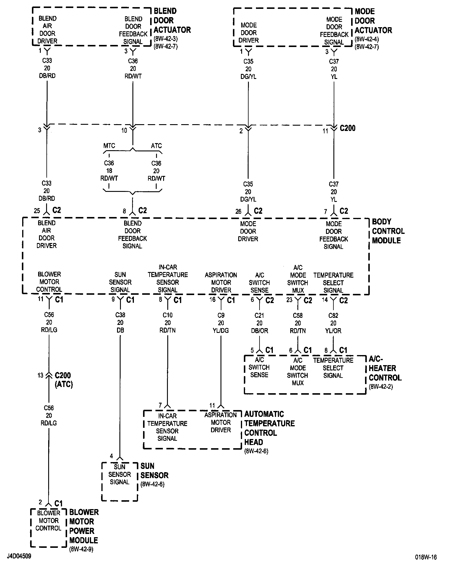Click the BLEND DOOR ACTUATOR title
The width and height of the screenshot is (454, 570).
(172, 21)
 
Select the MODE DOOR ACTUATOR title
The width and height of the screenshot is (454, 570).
(373, 21)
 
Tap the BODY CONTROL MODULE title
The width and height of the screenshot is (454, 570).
(388, 231)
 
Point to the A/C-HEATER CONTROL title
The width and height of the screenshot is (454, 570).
(385, 368)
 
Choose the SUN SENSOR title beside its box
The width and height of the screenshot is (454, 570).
(154, 471)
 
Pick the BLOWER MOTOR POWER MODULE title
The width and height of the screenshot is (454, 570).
(84, 526)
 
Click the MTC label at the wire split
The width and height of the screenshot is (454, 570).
(109, 146)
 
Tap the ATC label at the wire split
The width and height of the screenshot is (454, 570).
(156, 146)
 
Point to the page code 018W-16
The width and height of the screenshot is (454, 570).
(425, 557)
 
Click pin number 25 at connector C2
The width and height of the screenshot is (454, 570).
(37, 211)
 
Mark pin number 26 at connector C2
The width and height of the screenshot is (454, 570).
(238, 211)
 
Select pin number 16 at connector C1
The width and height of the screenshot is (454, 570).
(213, 300)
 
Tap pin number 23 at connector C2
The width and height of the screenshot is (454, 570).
(289, 300)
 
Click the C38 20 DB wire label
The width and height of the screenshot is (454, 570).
(120, 323)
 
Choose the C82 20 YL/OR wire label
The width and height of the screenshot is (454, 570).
(333, 323)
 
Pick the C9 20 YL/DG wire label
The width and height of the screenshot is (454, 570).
(221, 323)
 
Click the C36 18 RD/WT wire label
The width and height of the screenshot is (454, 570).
(109, 171)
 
